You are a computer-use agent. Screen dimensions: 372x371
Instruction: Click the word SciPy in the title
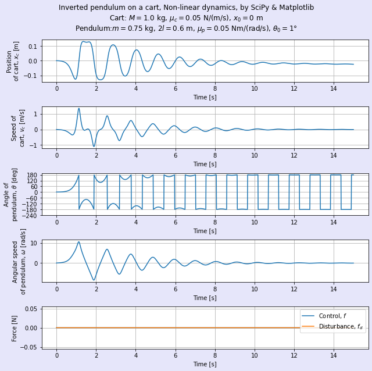[260, 8]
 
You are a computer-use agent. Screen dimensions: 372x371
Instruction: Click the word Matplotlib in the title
[296, 8]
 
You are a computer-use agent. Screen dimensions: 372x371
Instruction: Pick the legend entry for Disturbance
[332, 327]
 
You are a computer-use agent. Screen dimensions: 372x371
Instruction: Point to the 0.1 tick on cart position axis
[33, 46]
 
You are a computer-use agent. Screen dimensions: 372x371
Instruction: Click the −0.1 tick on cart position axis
[31, 76]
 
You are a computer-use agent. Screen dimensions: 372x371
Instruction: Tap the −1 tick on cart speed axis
[33, 145]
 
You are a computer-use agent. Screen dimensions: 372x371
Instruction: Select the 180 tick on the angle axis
[33, 175]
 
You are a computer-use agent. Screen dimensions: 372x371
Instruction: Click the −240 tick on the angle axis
[30, 216]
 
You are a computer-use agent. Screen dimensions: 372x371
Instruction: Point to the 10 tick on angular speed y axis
[34, 243]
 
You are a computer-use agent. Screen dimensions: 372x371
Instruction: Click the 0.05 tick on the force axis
[31, 309]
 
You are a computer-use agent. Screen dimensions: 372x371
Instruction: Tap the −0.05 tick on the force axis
[29, 348]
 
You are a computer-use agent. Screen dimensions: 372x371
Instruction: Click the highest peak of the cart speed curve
[79, 109]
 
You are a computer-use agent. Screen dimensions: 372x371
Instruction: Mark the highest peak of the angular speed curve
[79, 242]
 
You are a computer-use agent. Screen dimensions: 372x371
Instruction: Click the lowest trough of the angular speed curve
[94, 280]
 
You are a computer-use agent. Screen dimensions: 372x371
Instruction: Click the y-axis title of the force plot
[14, 329]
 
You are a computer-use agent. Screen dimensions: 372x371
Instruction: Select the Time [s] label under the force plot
[205, 364]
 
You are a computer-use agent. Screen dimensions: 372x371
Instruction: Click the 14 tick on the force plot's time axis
[334, 355]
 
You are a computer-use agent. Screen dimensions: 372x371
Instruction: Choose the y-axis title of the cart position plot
[13, 61]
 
